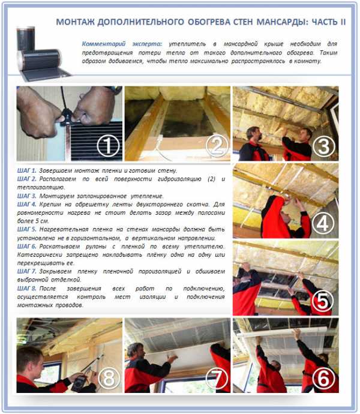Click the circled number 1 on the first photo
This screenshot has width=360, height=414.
tap(108, 146)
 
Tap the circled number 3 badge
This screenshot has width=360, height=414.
tap(324, 146)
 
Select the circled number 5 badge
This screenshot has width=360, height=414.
tap(322, 301)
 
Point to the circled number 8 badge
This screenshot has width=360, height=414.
tap(109, 378)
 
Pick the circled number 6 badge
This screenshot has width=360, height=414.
tap(323, 378)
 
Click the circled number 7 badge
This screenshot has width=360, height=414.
tap(217, 378)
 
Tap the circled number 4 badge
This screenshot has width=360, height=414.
tap(323, 223)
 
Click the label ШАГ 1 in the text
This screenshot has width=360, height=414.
tap(26, 170)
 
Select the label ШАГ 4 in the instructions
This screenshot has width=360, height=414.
tap(26, 204)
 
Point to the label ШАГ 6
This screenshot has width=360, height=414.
tap(26, 247)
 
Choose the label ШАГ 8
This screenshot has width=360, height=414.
tap(26, 289)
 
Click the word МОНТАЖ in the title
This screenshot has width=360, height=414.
tap(75, 22)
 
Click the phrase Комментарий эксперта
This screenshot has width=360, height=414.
tap(122, 44)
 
